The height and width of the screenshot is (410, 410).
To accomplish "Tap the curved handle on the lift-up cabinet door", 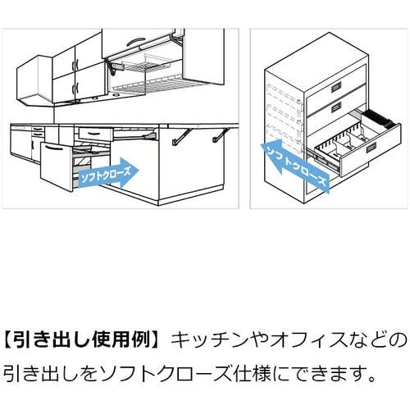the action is tap(135, 42).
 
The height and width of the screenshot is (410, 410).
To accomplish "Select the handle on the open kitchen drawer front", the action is tap(56, 148).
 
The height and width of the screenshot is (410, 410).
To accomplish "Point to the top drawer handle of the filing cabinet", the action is tap(336, 87).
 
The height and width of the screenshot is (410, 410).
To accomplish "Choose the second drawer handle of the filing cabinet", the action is tap(336, 108).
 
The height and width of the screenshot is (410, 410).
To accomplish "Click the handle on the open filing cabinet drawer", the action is tap(371, 148).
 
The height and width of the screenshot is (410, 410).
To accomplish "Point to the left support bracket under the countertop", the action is tap(181, 137).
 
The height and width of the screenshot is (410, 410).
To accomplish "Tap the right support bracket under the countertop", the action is tap(221, 135).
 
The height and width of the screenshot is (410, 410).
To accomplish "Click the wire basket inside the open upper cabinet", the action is tap(146, 63).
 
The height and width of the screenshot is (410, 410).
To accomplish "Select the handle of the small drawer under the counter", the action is tap(94, 134).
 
